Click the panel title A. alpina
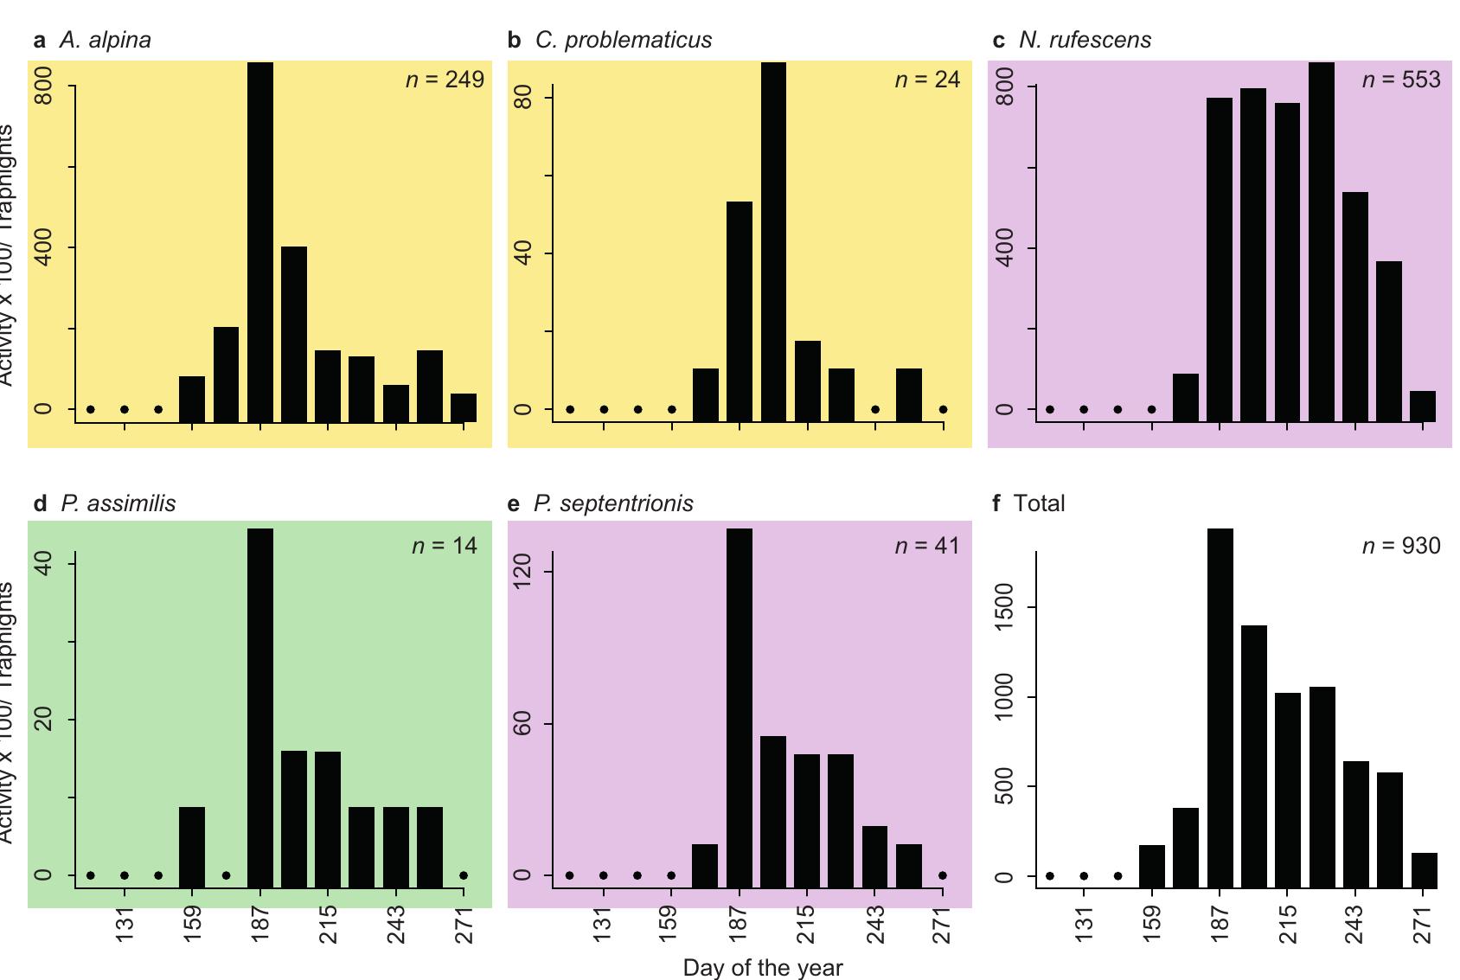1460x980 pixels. tap(105, 40)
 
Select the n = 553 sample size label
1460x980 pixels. tap(1400, 80)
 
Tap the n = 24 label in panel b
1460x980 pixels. tap(926, 80)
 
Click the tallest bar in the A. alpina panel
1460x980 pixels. tap(260, 242)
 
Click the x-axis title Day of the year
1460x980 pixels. tap(762, 967)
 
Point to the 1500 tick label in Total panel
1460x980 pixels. tap(1003, 608)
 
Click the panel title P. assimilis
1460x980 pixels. tap(118, 503)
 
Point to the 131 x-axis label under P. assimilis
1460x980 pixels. tap(125, 925)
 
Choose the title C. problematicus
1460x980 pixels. tap(623, 40)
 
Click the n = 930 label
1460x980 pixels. tap(1400, 546)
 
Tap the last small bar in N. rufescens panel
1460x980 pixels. tap(1423, 406)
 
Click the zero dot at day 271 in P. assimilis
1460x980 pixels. tap(464, 875)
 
